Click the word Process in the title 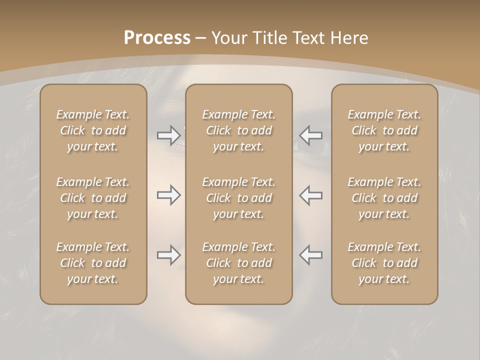point(157,38)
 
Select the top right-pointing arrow point(168,135)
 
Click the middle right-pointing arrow point(168,195)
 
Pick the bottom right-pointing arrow point(168,255)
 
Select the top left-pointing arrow point(311,135)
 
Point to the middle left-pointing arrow point(311,195)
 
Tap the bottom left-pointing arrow point(311,255)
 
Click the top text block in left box point(93,130)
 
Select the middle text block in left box point(93,198)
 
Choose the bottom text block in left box point(93,263)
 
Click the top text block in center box point(239,130)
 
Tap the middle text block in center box point(239,198)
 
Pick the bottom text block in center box point(239,263)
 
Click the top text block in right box point(384,130)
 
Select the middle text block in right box point(384,198)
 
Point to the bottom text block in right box point(384,263)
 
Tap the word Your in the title point(227,38)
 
